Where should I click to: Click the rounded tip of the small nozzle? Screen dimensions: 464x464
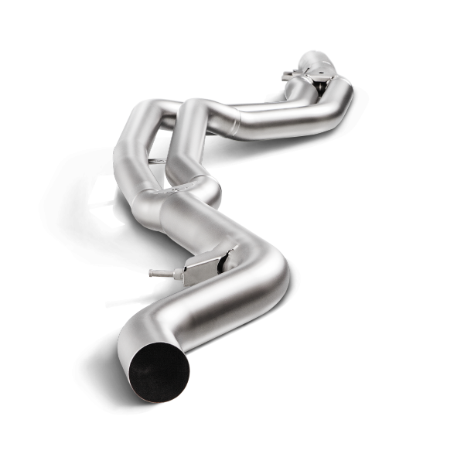tap(152, 272)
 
